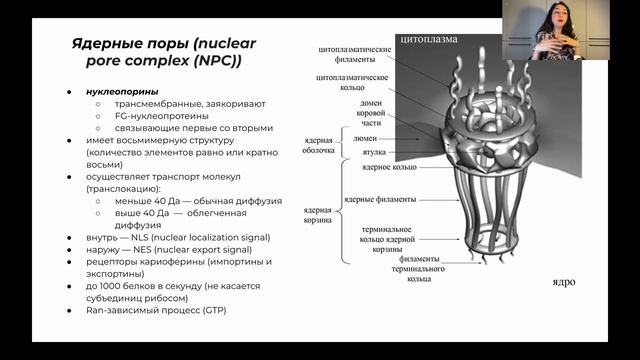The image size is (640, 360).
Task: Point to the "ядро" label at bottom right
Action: click(x=564, y=282)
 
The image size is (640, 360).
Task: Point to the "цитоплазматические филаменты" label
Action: click(x=359, y=54)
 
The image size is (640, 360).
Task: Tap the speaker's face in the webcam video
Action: click(x=554, y=20)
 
